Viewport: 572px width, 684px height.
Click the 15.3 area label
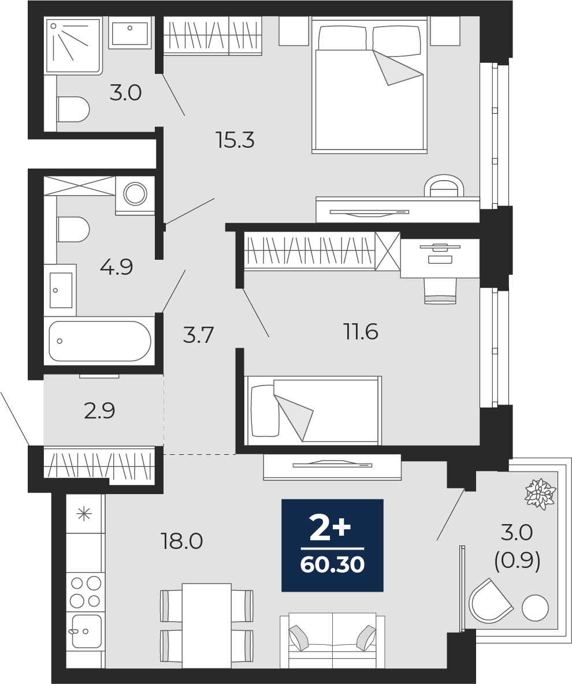coord(235,140)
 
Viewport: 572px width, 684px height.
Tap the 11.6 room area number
coord(361,332)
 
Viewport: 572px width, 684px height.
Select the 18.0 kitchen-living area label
coord(182,541)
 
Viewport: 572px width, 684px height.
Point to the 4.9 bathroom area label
coord(116,267)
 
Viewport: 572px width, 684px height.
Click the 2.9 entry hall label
coord(99,410)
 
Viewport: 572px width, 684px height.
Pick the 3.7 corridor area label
coord(198,335)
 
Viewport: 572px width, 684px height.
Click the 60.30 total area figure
coord(332,565)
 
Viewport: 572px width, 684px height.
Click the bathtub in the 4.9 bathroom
coord(100,341)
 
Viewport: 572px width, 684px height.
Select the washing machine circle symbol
coord(135,193)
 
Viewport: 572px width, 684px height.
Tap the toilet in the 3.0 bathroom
coord(73,109)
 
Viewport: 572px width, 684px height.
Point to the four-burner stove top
coord(86,592)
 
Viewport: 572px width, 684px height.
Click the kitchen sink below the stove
coord(87,631)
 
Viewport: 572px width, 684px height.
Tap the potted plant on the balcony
coord(541,494)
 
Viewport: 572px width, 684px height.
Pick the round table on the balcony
coord(536,608)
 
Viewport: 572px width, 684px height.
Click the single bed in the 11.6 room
coord(313,410)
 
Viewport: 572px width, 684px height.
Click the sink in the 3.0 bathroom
coord(129,31)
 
